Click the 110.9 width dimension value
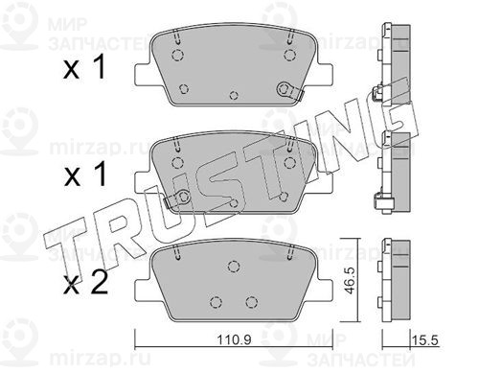tap(234, 339)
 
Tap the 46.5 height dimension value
tap(351, 281)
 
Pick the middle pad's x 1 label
tap(85, 175)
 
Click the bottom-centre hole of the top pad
tap(234, 95)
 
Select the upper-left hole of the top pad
tap(177, 55)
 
